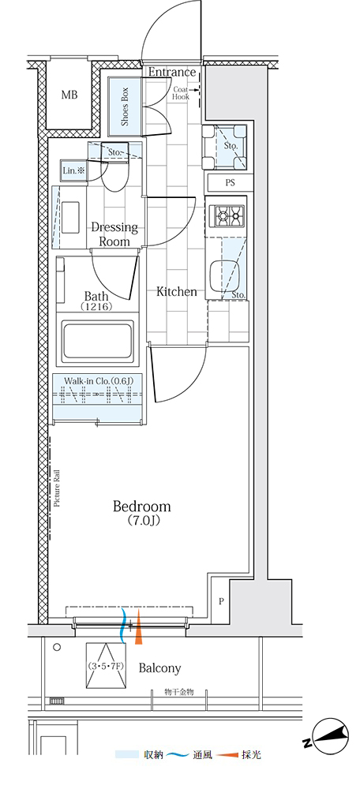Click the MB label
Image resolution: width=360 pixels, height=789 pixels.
69,95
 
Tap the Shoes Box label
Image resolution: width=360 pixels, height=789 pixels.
125,107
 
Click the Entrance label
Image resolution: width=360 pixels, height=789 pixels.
171,72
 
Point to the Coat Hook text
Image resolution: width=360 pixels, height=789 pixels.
181,92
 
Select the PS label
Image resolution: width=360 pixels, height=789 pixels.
230,183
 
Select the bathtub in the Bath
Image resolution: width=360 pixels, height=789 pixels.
97,341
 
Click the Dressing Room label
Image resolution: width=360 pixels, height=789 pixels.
114,234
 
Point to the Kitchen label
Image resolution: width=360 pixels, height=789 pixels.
176,291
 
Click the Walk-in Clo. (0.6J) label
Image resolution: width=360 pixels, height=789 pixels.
98,380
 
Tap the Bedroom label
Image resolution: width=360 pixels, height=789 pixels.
141,512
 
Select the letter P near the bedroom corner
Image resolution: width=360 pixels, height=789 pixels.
221,600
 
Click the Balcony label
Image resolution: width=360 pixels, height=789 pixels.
159,668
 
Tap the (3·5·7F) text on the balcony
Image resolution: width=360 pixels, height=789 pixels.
106,666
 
